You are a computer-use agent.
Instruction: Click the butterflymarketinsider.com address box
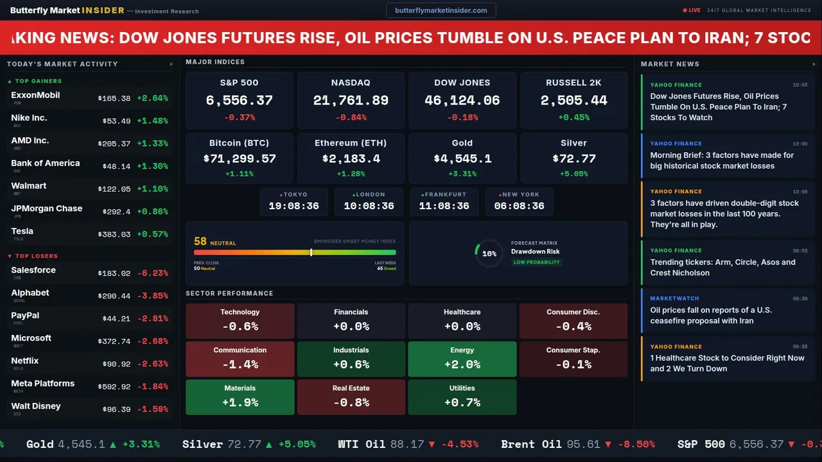pos(441,10)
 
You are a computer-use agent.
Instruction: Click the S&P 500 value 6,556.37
pos(239,101)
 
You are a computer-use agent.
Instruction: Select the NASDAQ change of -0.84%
pos(351,117)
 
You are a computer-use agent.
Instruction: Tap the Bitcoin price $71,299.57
pos(239,158)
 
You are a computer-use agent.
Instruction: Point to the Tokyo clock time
pos(293,206)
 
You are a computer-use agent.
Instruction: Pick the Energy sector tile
pos(462,358)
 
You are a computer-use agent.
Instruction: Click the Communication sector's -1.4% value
pos(240,364)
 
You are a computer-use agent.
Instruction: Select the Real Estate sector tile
pos(351,397)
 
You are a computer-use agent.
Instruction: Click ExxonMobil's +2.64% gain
pos(152,98)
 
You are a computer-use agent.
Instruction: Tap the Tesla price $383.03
pos(114,234)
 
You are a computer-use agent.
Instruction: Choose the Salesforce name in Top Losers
pos(33,270)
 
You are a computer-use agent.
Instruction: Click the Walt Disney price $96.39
pos(116,409)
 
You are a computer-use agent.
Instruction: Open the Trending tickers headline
pos(722,268)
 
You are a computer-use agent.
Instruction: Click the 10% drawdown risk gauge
pos(489,253)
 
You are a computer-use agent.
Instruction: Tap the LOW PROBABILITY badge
pos(536,262)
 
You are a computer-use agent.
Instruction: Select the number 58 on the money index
pos(200,241)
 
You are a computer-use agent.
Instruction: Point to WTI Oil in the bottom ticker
pos(362,444)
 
